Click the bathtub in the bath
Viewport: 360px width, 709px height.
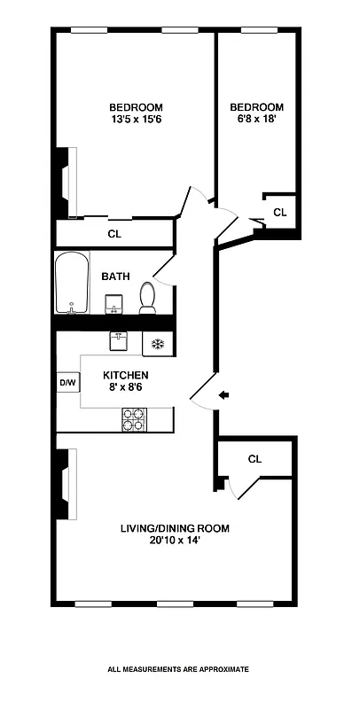click(x=72, y=284)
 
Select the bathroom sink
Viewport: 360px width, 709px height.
click(x=113, y=306)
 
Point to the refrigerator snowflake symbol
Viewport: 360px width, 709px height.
click(x=157, y=343)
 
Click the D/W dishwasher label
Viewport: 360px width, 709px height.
click(x=67, y=383)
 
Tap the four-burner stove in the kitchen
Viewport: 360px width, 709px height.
click(x=132, y=418)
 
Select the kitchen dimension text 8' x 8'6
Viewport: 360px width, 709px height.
click(x=124, y=387)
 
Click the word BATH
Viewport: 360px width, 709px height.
click(x=115, y=277)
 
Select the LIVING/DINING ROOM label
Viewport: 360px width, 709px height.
click(x=175, y=528)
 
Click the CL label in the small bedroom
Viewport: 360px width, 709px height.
click(x=279, y=212)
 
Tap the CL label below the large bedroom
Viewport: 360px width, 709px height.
click(x=114, y=234)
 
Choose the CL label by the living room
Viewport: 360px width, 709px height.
click(x=254, y=459)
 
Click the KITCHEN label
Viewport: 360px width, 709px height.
click(x=125, y=375)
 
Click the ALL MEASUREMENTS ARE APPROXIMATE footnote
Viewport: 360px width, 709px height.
click(x=178, y=669)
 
